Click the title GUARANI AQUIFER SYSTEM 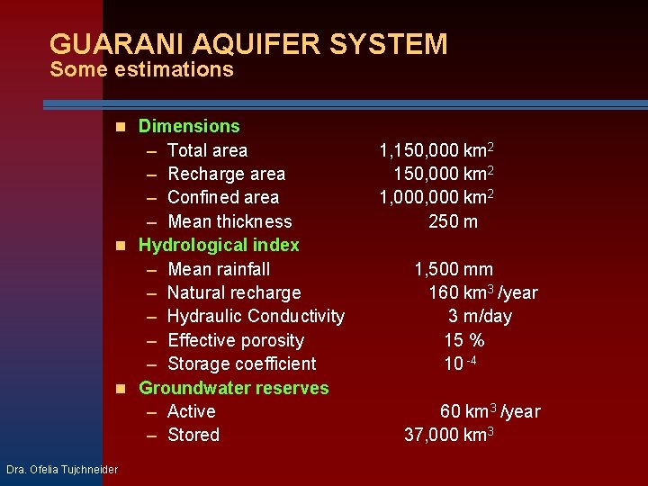click(248, 44)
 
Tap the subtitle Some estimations click(142, 69)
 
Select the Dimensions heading click(189, 126)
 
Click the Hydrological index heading click(219, 245)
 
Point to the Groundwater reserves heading click(234, 388)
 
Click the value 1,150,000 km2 click(436, 150)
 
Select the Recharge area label click(226, 174)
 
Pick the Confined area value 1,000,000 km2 click(436, 197)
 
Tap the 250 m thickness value click(453, 221)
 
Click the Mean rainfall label click(219, 269)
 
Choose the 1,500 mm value click(454, 269)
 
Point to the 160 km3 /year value click(482, 292)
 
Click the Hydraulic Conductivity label click(256, 316)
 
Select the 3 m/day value click(480, 316)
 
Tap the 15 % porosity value click(464, 340)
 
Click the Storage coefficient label click(242, 364)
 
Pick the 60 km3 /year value click(490, 411)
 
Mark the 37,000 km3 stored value click(449, 436)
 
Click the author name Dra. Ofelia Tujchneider click(62, 469)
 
